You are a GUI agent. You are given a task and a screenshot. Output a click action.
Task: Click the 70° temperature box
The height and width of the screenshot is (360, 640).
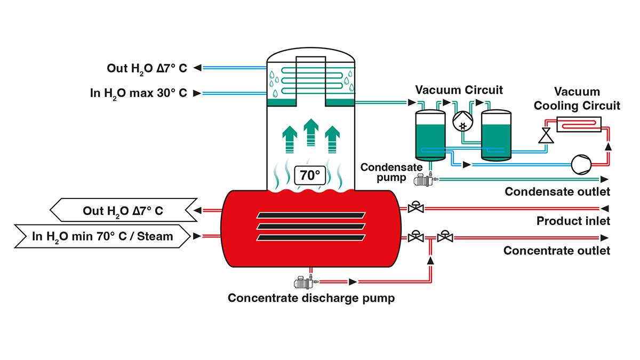pos(310,175)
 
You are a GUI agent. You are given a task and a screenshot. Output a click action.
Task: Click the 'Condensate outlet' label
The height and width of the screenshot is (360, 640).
pos(557,191)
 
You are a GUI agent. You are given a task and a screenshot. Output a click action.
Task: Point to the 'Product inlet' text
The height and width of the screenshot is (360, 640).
pos(573,221)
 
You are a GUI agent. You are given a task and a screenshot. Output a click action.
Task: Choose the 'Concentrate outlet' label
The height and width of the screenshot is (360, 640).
pos(557,250)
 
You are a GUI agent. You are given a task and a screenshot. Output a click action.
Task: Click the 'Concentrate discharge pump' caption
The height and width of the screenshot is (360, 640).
pos(311,298)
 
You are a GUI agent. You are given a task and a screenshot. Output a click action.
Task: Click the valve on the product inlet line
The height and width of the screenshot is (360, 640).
pos(415,208)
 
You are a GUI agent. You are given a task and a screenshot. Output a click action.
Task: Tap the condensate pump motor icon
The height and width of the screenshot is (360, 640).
pos(424,180)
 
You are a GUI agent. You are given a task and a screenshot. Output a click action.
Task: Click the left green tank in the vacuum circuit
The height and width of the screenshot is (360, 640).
pos(430,135)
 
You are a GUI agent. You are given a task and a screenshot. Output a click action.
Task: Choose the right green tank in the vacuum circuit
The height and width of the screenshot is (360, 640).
pos(497,135)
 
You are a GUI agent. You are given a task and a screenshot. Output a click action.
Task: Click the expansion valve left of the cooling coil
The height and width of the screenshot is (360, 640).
pos(544,135)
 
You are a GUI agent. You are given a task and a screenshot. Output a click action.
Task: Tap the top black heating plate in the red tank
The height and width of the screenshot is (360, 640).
pos(311,215)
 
